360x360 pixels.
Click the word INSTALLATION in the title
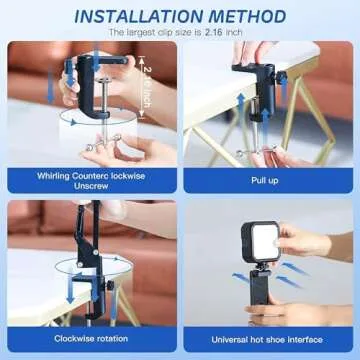[x=138, y=17]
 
